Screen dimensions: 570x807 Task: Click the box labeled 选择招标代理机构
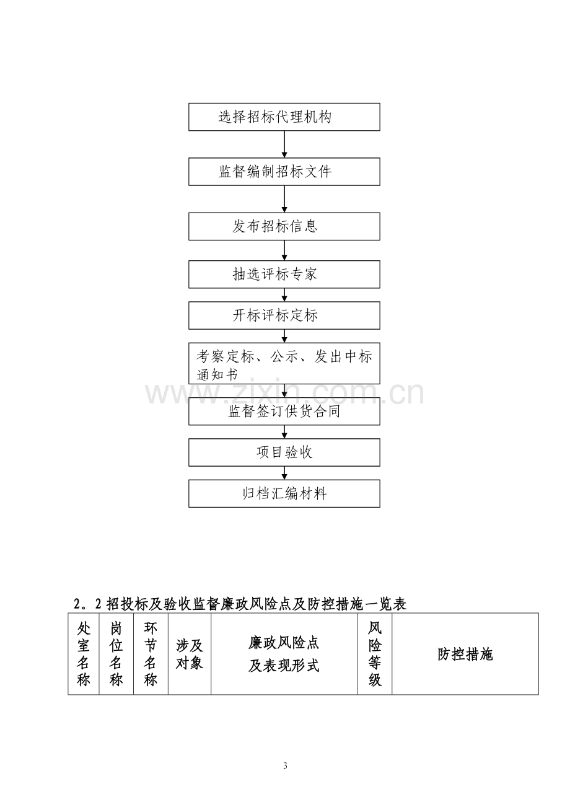tap(284, 117)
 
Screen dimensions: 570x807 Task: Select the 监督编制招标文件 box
tap(284, 172)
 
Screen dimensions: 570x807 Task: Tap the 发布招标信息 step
tap(284, 226)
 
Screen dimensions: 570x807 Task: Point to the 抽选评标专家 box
tap(284, 274)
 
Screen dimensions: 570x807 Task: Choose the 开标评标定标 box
tap(284, 315)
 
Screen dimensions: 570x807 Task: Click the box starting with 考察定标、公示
tap(284, 363)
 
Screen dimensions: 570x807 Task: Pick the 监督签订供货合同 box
tap(284, 412)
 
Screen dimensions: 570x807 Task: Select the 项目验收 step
tap(284, 452)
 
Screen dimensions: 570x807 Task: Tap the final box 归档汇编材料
tap(284, 493)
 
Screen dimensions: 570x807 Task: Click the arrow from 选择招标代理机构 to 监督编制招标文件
tap(284, 144)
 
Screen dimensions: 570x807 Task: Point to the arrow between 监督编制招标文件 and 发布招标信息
tap(284, 199)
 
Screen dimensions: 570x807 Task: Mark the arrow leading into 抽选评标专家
tap(284, 250)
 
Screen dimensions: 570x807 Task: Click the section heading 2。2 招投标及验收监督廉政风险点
tap(240, 604)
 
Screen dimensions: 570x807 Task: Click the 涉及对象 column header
tap(190, 655)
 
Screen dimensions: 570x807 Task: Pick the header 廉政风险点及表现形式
tap(284, 655)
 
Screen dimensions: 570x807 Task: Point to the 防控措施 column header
tap(465, 655)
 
